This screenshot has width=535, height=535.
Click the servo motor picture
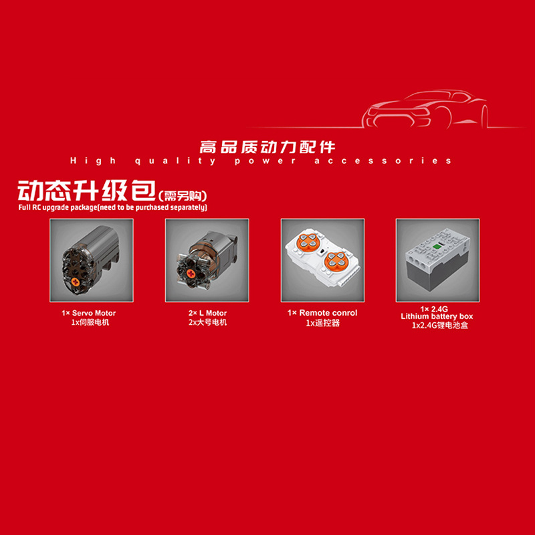(x=92, y=260)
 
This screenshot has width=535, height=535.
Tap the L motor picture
(x=207, y=260)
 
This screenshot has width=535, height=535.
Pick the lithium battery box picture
(x=437, y=260)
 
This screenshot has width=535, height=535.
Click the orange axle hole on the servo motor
(x=75, y=282)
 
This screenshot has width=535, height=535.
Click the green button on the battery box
(x=437, y=245)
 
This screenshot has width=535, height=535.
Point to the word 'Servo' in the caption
(x=82, y=313)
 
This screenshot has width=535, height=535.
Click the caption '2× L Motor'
(x=207, y=313)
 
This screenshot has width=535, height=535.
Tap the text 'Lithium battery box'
(x=437, y=316)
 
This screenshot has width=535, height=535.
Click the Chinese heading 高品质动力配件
(x=267, y=147)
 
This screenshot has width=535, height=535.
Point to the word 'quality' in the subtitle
(x=175, y=161)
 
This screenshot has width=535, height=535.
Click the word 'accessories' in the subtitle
(x=383, y=160)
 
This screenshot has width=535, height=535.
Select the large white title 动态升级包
(x=87, y=191)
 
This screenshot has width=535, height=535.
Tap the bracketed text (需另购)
(x=183, y=196)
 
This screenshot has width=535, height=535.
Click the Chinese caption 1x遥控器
(x=323, y=323)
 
